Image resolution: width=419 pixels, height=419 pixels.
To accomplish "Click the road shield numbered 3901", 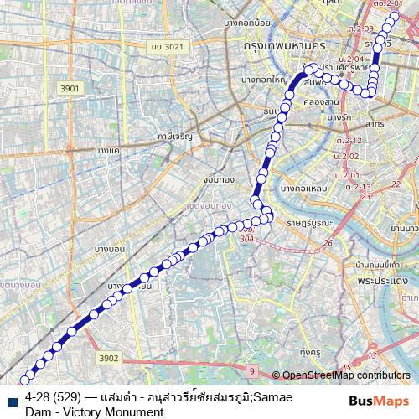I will tap(69, 88).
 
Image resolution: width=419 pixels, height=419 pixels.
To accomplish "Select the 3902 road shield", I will tap(109, 358).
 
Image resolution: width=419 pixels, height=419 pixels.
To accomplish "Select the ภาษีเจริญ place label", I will tap(174, 135).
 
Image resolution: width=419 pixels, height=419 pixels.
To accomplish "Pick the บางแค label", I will tap(107, 148).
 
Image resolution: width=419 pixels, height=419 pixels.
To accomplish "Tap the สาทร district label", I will tap(375, 123).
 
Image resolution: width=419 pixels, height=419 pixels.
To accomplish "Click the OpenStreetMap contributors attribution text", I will tap(346, 375).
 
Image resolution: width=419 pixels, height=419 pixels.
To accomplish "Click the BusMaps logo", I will tap(377, 401).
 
